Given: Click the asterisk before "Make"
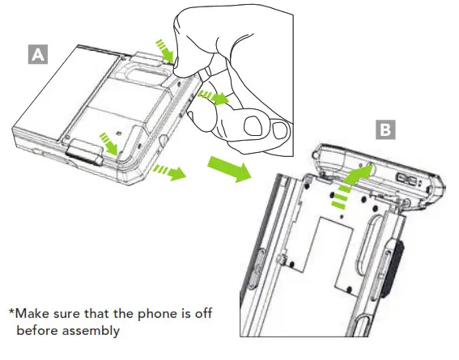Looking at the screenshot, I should [12, 313].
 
